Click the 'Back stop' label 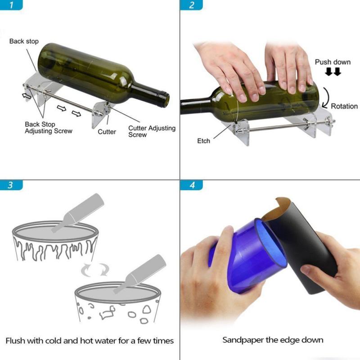coord(24,41)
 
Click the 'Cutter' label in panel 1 coord(107,132)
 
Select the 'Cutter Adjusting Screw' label coord(152,131)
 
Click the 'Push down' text coord(333,62)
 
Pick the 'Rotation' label coord(344,106)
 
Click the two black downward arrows coord(333,72)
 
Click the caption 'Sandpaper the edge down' coord(273,340)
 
